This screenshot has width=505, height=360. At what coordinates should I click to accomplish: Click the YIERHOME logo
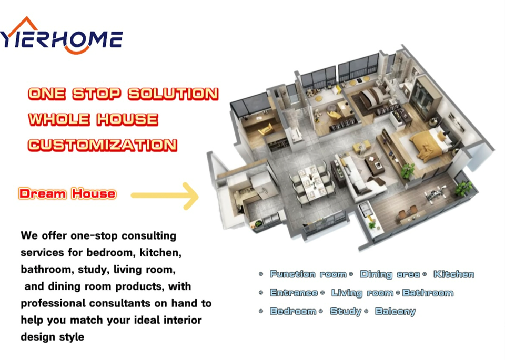coord(61,35)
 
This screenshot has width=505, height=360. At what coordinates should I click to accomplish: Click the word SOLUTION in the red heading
coord(173,94)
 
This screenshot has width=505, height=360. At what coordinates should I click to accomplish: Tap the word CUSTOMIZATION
coord(103,145)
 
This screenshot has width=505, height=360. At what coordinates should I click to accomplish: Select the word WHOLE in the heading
coord(59,119)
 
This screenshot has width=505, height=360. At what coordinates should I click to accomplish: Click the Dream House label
coord(67,194)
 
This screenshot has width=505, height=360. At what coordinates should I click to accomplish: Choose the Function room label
coord(308,274)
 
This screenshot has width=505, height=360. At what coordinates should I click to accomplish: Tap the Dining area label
coord(390,274)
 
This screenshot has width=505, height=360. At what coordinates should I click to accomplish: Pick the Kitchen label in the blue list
coord(454,274)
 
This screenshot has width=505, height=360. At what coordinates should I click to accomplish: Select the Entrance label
coord(294,293)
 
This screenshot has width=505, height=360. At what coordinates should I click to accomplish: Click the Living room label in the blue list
coord(362,293)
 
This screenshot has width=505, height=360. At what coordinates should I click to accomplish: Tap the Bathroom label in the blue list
coord(428,293)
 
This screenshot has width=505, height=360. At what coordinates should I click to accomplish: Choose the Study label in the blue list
coord(346,312)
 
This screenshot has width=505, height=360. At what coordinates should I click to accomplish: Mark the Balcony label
coord(396,312)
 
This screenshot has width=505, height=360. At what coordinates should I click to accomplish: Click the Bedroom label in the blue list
coord(293,311)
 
